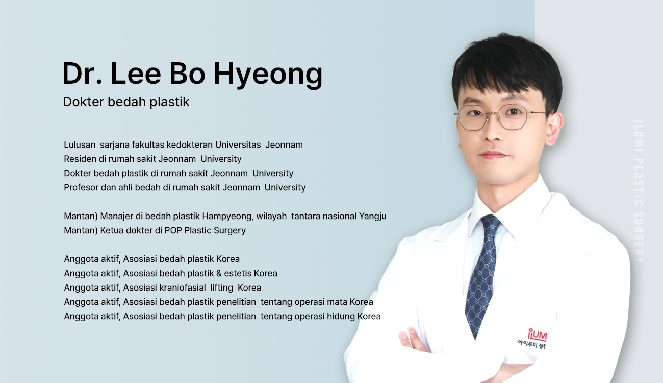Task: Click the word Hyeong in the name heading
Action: click(268, 75)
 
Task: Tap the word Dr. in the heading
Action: click(82, 73)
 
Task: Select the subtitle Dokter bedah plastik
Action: click(126, 102)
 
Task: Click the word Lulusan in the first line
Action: click(80, 145)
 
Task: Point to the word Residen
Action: click(80, 159)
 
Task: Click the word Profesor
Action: click(81, 187)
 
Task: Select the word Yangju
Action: click(373, 217)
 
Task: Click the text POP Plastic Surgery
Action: click(205, 231)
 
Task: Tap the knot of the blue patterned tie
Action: click(490, 223)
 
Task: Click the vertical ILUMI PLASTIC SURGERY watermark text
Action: click(640, 191)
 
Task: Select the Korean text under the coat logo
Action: click(532, 345)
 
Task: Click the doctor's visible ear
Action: click(554, 128)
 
